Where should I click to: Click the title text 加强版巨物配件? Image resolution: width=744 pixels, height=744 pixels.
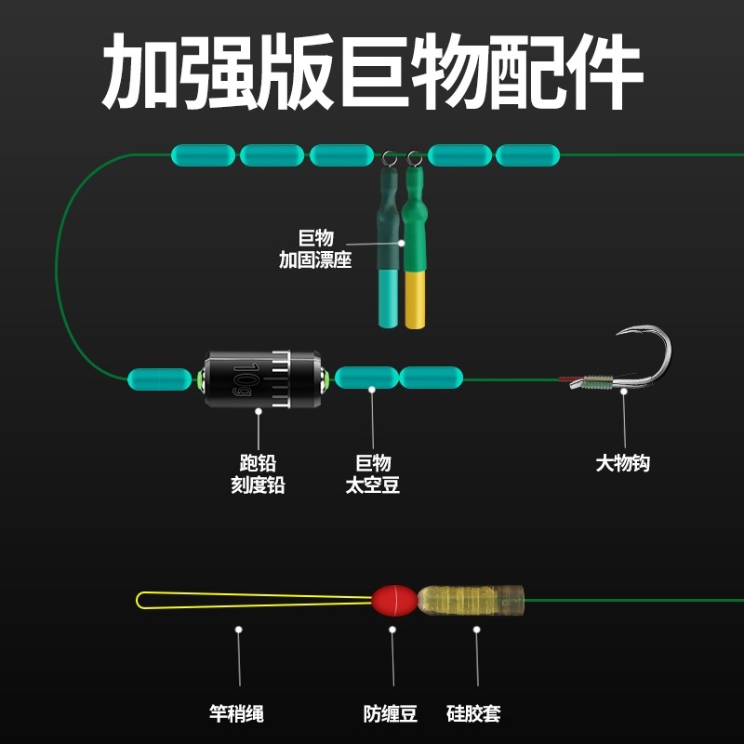372,73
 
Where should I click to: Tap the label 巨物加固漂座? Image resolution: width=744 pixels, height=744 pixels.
315,249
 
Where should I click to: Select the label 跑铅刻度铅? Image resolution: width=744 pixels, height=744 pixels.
258,473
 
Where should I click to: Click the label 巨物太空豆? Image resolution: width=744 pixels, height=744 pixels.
372,473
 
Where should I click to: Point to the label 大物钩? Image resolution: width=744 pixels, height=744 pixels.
623,463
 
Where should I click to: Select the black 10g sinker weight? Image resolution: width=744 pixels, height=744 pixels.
263,379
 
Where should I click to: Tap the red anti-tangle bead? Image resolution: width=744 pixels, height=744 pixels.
392,601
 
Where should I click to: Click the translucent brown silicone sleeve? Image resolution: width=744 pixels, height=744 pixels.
471,601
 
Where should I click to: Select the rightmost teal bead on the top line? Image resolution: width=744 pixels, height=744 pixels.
528,154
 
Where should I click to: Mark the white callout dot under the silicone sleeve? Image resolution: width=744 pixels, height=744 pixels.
477,630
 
